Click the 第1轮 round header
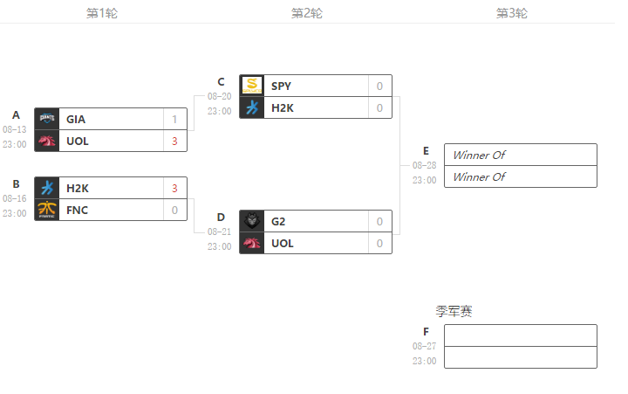pos(102,13)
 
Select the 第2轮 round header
pos(307,13)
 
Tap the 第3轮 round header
pos(512,13)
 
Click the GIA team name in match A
pos(75,119)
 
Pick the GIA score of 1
pos(174,119)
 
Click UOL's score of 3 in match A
pos(174,141)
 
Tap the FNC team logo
pos(47,210)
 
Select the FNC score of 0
pos(174,210)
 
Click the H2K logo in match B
pos(47,188)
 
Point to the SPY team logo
pos(252,86)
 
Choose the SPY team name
pos(281,86)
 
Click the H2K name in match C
pos(283,107)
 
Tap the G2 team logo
pos(252,221)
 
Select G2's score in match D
pos(379,221)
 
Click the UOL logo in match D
pos(252,243)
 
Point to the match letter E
pos(426,150)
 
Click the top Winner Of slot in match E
pos(520,155)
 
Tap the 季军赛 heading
pos(454,312)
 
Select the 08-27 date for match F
pos(424,346)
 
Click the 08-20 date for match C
pos(219,97)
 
